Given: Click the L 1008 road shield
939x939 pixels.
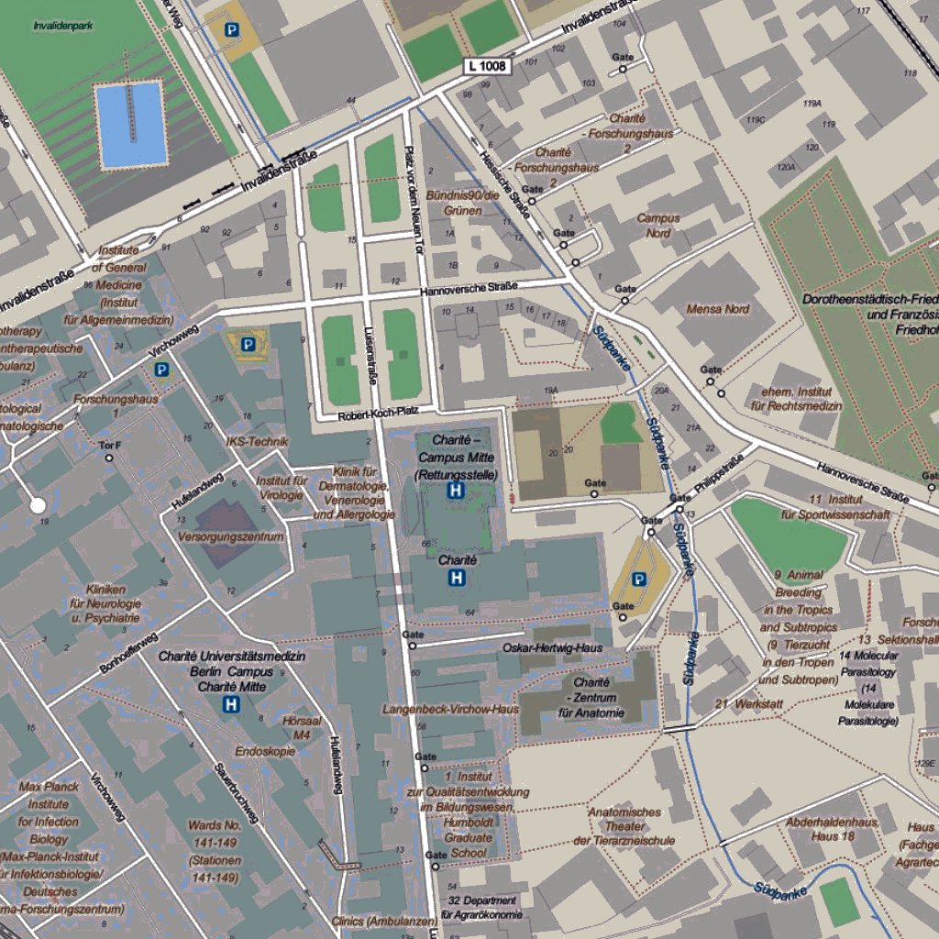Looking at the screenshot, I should pyautogui.click(x=485, y=66).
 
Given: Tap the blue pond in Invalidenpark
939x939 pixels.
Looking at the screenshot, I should pyautogui.click(x=132, y=124).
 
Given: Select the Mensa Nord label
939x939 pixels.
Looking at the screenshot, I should pyautogui.click(x=718, y=309).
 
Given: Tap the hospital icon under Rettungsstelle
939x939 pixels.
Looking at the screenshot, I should pyautogui.click(x=454, y=492).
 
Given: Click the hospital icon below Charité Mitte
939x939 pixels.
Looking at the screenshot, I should pyautogui.click(x=232, y=704).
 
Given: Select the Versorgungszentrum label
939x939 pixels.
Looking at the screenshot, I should pyautogui.click(x=231, y=536).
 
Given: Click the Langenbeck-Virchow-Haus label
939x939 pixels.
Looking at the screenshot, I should pyautogui.click(x=450, y=709).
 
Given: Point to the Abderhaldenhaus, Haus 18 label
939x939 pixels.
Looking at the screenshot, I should pyautogui.click(x=833, y=829).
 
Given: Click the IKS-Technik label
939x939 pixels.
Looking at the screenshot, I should pyautogui.click(x=257, y=441).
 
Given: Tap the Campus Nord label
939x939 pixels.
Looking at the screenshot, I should pyautogui.click(x=658, y=226).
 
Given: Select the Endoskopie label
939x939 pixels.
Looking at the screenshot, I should pyautogui.click(x=265, y=751).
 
